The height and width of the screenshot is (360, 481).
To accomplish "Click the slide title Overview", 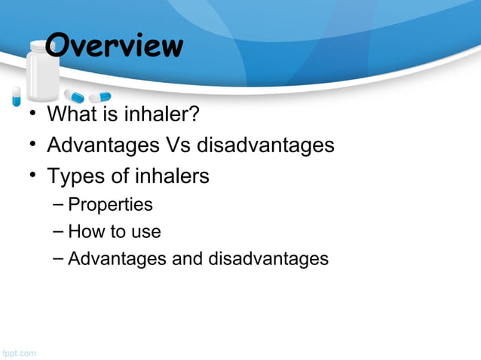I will tap(114, 46).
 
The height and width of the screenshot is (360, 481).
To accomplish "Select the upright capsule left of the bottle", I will tap(16, 95).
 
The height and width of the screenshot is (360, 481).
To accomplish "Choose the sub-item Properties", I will tap(110, 205).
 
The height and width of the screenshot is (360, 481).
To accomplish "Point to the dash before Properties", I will tap(59, 205).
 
